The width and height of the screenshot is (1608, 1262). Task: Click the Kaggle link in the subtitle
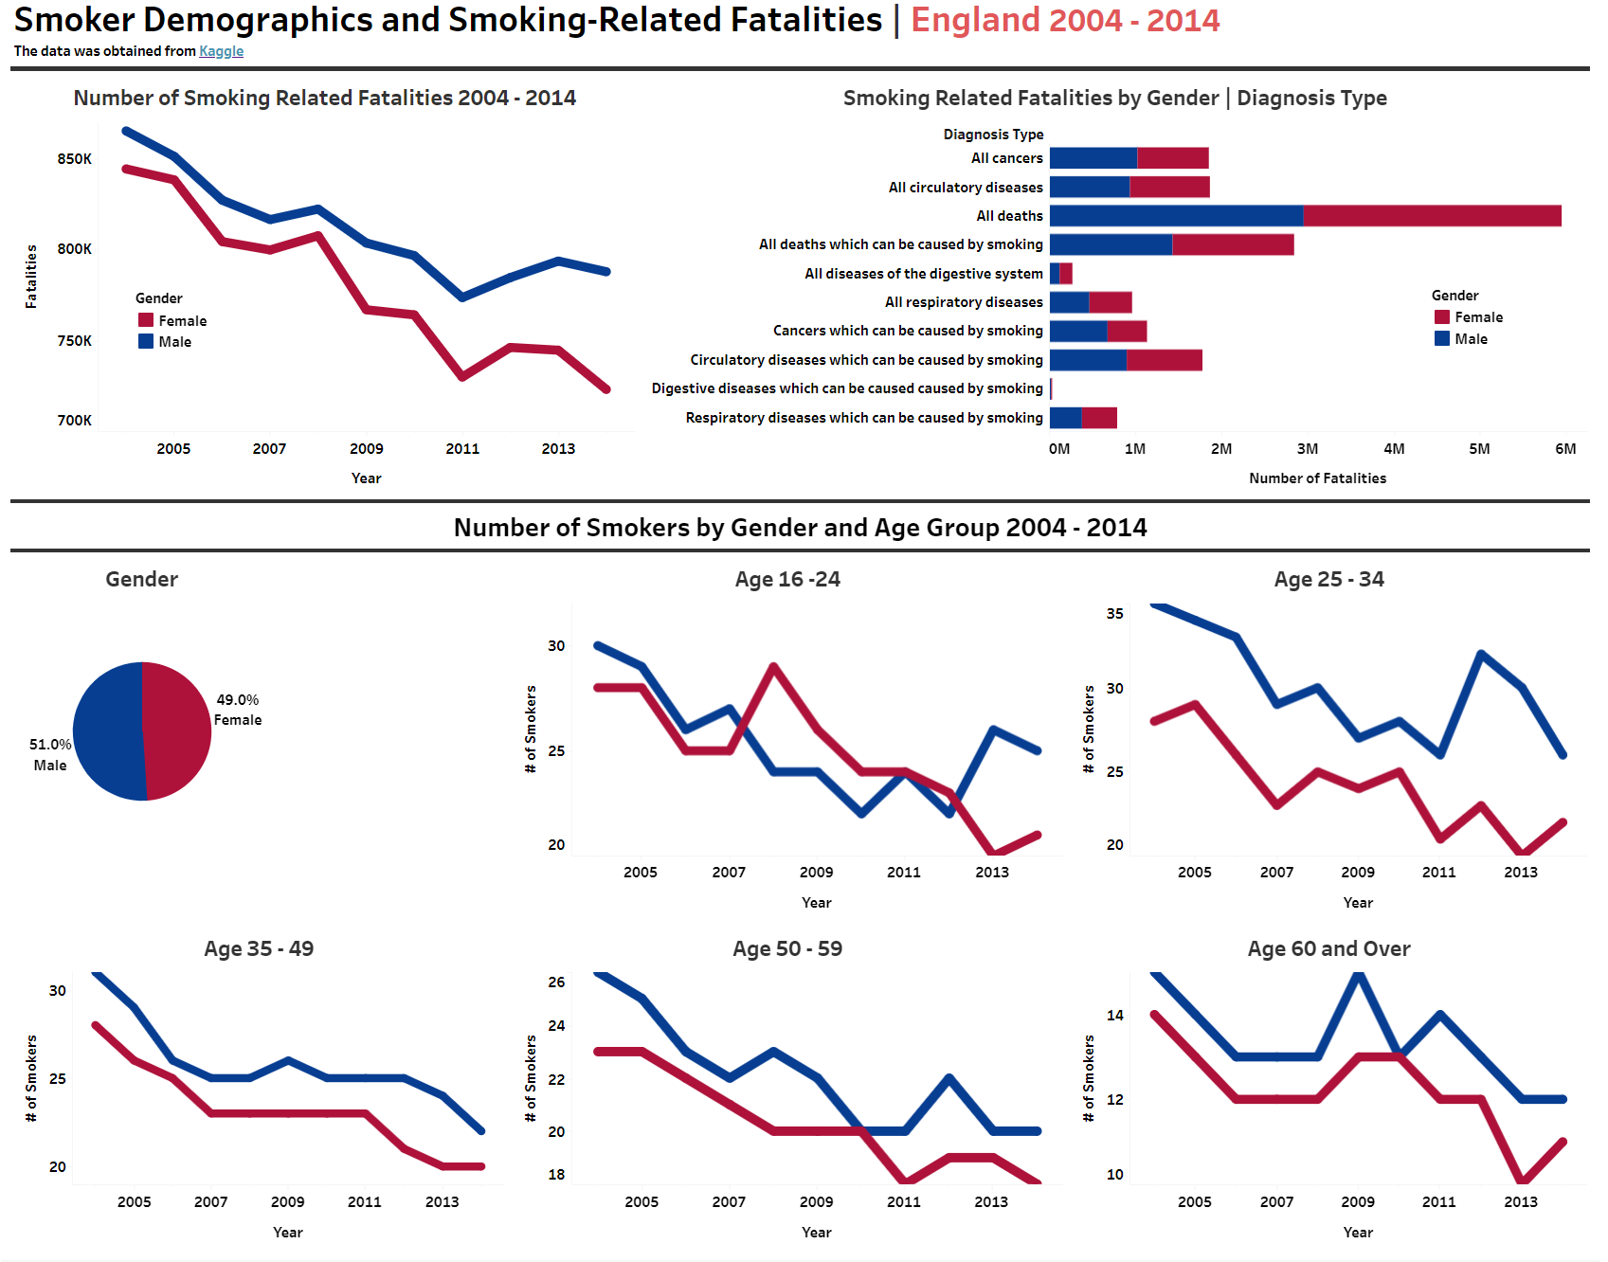coord(221,51)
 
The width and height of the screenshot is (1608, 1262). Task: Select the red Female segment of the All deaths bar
coord(1431,216)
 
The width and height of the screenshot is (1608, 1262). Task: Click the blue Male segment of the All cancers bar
coord(1093,158)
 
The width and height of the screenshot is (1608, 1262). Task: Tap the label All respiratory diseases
coord(963,302)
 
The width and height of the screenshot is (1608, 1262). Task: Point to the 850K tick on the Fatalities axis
coord(74,159)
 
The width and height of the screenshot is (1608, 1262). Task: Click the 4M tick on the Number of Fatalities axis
coord(1393,449)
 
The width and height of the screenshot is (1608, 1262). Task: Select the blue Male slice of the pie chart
coord(106,731)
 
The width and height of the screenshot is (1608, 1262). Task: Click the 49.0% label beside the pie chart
coord(237,700)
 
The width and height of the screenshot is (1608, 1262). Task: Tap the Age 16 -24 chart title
coord(786,580)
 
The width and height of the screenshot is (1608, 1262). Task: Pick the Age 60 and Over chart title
coord(1328,949)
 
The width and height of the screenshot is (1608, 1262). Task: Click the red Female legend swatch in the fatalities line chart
coord(146,320)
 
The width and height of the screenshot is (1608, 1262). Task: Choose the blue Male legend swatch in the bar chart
coord(1442,338)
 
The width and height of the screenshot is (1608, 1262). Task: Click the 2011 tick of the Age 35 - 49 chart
coord(364,1201)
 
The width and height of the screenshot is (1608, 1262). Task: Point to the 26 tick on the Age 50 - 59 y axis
coord(556,983)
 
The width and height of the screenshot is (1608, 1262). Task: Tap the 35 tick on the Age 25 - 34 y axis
coord(1114,614)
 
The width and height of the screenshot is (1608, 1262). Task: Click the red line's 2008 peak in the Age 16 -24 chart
coord(774,667)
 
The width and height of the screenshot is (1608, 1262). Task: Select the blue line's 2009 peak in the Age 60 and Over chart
coord(1359,976)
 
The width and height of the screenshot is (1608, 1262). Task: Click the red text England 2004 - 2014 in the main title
coord(1065,21)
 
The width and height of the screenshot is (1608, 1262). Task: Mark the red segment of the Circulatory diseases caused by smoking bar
coord(1164,360)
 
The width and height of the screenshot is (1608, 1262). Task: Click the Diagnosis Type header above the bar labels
coord(993,135)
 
